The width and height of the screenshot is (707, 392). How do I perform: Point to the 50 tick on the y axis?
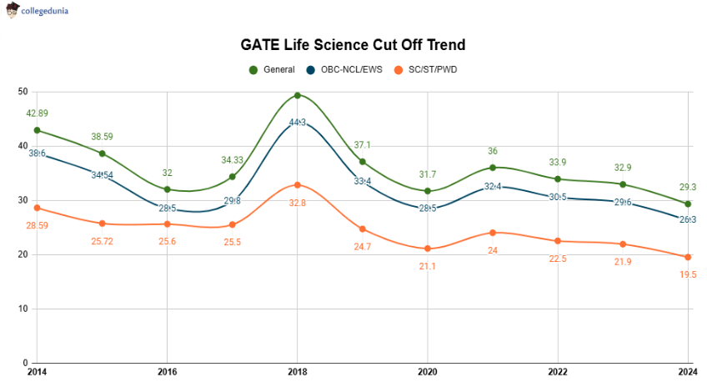23,92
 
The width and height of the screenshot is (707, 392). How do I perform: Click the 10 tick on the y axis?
23,309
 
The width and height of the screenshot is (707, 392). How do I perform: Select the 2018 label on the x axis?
297,372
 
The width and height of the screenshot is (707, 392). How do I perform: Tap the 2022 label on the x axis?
557,372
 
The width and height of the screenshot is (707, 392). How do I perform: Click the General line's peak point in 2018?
298,95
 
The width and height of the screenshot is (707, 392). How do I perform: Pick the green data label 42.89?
37,113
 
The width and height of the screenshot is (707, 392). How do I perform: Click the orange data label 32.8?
298,202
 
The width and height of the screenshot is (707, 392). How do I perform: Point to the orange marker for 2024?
688,257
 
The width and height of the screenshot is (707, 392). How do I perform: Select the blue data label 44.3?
298,123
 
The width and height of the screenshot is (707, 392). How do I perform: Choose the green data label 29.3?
688,187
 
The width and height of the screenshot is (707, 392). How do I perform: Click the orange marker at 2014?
37,208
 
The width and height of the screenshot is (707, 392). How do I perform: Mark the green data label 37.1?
363,144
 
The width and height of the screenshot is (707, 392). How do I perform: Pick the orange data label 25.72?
102,240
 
